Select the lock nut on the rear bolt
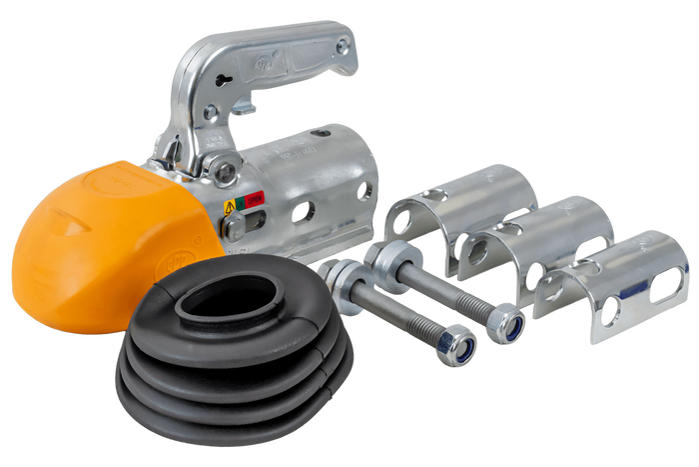(512, 325)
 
